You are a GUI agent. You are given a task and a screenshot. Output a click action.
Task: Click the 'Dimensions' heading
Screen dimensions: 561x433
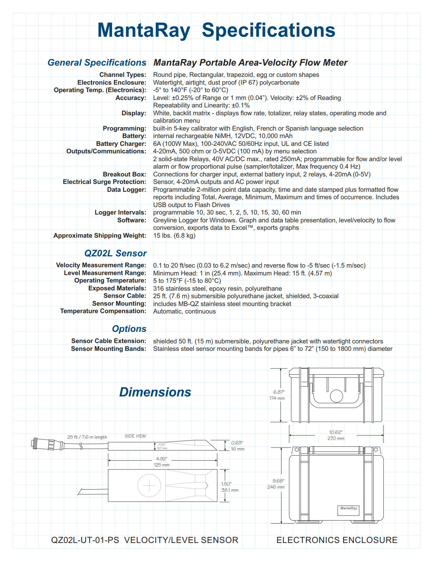pos(155,392)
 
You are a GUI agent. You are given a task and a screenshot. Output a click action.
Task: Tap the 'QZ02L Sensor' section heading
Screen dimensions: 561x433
pos(115,253)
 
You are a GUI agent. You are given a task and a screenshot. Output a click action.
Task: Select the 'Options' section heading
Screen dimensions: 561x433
pos(129,329)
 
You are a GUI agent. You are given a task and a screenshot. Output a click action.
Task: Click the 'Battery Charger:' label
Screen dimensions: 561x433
pos(121,144)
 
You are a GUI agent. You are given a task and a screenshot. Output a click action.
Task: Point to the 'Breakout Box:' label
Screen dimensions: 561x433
pos(124,174)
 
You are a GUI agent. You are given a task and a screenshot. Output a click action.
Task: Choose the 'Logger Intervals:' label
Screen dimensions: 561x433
pos(120,213)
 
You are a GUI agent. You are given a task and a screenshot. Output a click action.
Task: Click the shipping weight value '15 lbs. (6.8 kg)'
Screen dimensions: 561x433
pos(174,236)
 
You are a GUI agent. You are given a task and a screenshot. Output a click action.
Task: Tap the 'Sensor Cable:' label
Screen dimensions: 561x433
pos(125,296)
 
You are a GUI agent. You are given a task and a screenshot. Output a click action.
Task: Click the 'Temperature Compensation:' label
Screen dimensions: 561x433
pos(103,311)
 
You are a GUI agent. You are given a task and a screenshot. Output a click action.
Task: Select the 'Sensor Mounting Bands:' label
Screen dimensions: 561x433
pos(108,349)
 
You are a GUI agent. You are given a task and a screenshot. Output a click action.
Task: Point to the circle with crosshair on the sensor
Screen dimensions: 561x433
pos(149,486)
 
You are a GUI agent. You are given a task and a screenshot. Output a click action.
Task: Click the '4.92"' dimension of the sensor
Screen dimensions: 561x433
pos(162,459)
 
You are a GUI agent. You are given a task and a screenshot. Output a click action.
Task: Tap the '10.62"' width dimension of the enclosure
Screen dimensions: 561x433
pos(336,432)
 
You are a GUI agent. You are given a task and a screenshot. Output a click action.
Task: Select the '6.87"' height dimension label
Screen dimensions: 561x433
pos(279,392)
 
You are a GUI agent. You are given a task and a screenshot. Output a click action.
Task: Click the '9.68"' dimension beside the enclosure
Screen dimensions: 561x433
pos(278,481)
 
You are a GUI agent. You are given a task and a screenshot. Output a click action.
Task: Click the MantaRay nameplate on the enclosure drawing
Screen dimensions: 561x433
pos(348,510)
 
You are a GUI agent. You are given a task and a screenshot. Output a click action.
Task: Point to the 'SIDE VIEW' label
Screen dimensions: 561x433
pos(135,436)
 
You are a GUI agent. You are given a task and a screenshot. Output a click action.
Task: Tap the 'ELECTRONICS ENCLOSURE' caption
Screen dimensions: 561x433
pos(337,540)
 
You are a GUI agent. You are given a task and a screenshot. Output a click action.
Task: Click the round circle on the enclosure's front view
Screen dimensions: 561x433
pos(337,396)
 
